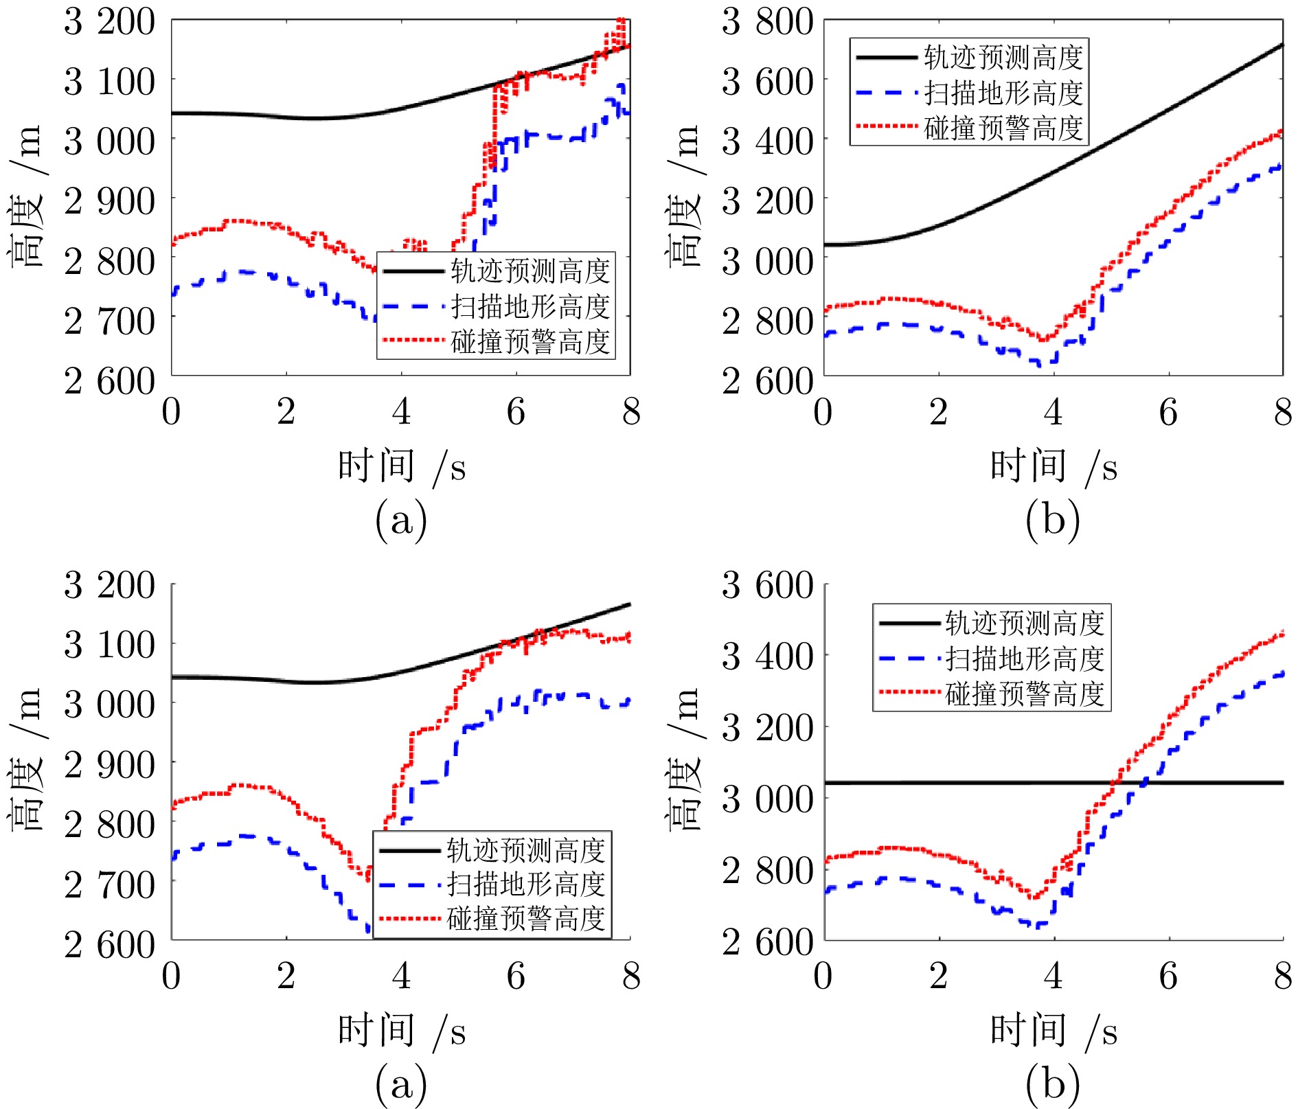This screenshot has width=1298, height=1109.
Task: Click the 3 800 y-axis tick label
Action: pyautogui.click(x=767, y=22)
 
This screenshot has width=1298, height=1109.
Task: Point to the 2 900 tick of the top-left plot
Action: pyautogui.click(x=109, y=202)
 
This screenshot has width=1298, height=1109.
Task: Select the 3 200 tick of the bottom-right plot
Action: pyautogui.click(x=767, y=728)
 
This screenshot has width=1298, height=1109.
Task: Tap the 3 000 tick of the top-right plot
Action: pyautogui.click(x=767, y=262)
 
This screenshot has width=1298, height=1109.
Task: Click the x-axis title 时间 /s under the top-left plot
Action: pyautogui.click(x=401, y=467)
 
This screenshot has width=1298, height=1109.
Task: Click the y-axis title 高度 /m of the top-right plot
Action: pyautogui.click(x=684, y=196)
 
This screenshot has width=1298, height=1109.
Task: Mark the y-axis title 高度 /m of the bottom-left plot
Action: pyautogui.click(x=26, y=760)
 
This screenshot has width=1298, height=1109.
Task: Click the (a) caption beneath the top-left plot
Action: pyautogui.click(x=401, y=520)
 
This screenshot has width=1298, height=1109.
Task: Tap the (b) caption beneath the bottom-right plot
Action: pyautogui.click(x=1053, y=1084)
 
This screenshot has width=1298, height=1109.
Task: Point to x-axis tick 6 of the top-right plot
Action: pyautogui.click(x=1168, y=412)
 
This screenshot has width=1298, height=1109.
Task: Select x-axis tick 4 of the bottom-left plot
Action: pyautogui.click(x=401, y=976)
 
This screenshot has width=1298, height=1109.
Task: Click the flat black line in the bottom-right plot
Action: pyautogui.click(x=961, y=783)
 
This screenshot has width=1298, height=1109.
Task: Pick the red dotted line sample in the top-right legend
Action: pyautogui.click(x=887, y=127)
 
